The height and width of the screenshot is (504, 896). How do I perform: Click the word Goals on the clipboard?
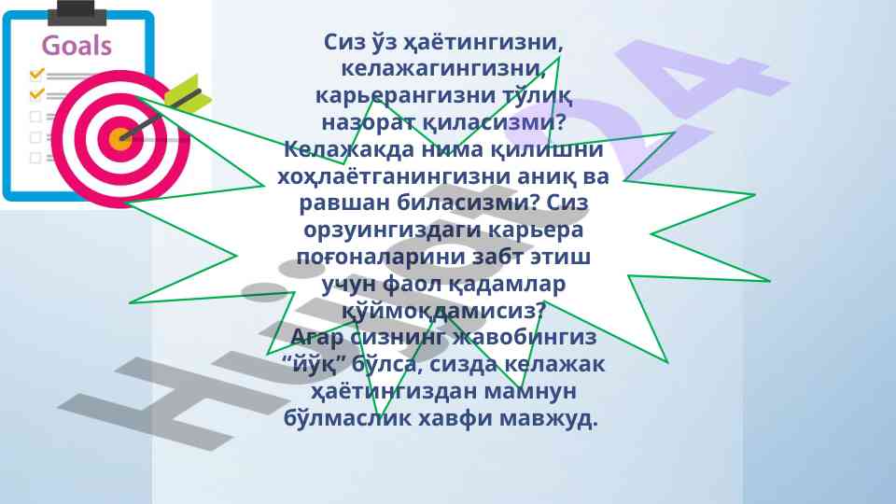coord(77,46)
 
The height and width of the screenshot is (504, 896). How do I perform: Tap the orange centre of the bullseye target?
coord(120,138)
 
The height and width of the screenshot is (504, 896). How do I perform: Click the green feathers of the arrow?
coord(188,94)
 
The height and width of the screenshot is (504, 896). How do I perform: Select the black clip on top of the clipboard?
coord(77,12)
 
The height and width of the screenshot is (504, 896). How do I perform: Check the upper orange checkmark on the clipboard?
coord(37,73)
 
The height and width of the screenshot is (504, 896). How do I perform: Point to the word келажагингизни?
coord(443,68)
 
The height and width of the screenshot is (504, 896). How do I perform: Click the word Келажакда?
coord(349,149)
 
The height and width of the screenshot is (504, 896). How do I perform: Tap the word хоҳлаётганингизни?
coord(393,176)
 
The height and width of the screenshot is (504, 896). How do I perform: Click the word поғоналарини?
coord(381,257)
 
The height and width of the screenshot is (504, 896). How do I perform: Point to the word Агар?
coord(317,337)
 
